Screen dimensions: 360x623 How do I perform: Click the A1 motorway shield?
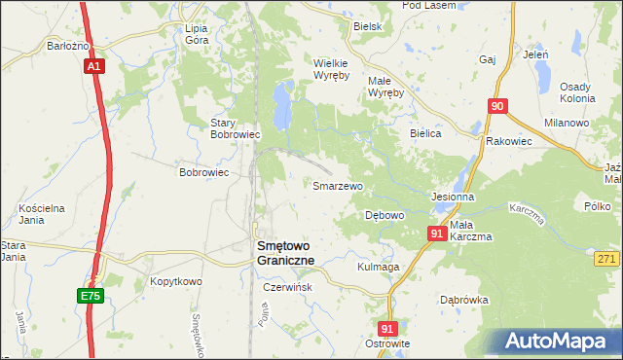[x=93, y=66]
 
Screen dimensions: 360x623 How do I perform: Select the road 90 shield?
[x=497, y=106]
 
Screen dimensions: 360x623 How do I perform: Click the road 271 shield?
[x=607, y=257]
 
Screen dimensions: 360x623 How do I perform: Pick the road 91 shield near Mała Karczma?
[x=437, y=234]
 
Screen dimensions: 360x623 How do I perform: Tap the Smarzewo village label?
[x=337, y=185]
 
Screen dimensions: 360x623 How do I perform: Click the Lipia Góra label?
[x=202, y=35]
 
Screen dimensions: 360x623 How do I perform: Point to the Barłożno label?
[x=68, y=46]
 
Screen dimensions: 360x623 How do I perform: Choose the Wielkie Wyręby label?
[x=332, y=69]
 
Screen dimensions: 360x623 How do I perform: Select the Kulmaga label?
[x=379, y=267]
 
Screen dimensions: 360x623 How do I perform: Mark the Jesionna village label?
[x=453, y=196]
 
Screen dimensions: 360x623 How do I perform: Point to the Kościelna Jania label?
[x=42, y=214]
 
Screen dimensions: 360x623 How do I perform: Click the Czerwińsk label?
[x=286, y=288]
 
